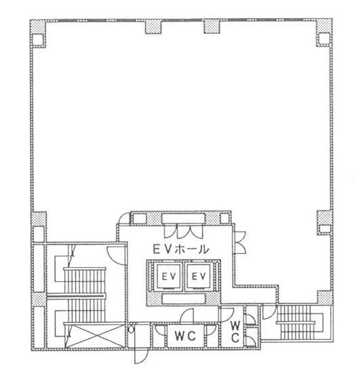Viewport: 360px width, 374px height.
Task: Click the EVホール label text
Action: pyautogui.click(x=181, y=250)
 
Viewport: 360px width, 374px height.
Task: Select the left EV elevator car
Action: pyautogui.click(x=169, y=277)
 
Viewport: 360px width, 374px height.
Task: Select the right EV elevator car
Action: pyautogui.click(x=199, y=277)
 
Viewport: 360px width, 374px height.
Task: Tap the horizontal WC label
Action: pyautogui.click(x=185, y=336)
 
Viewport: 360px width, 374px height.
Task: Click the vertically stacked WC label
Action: pyautogui.click(x=235, y=332)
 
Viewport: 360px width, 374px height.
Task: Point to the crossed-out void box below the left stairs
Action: pyautogui.click(x=95, y=336)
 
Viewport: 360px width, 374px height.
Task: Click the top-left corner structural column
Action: pyautogui.click(x=38, y=34)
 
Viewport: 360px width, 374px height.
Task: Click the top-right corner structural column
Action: pyautogui.click(x=324, y=33)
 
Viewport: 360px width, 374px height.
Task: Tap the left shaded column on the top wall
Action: pyautogui.click(x=153, y=27)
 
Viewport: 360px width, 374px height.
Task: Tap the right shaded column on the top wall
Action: pyautogui.click(x=212, y=27)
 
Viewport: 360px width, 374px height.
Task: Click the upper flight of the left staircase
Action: pyautogui.click(x=85, y=281)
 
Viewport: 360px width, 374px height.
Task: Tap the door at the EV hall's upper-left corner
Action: pyautogui.click(x=124, y=218)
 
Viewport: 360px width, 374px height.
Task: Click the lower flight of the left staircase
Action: pyautogui.click(x=85, y=310)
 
